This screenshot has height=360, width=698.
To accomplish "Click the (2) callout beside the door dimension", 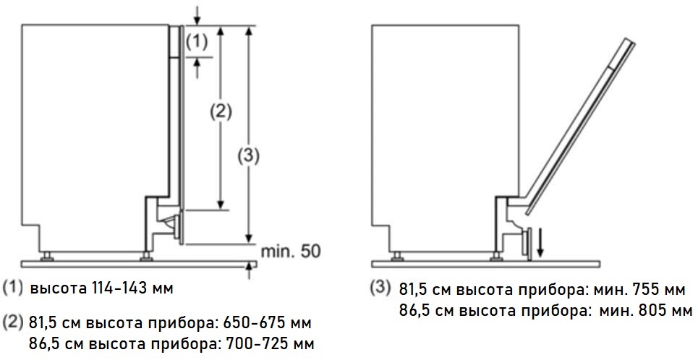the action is [x=221, y=111].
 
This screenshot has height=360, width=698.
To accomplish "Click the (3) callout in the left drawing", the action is [x=248, y=155].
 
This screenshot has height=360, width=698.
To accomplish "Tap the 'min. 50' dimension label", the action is [x=290, y=252].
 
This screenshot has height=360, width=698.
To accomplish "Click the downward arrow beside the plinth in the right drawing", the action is [x=540, y=243].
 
